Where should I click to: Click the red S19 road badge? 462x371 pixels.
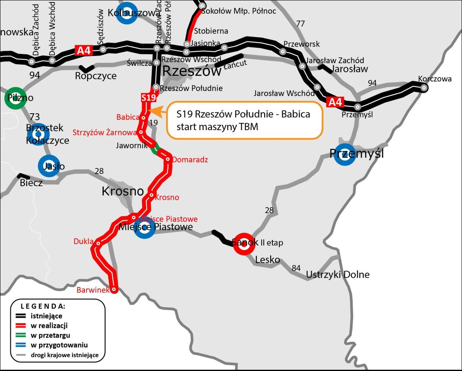point(148,98)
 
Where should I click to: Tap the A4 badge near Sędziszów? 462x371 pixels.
point(83,50)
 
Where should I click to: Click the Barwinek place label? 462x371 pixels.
point(93,290)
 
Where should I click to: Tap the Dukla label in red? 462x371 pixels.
point(84,241)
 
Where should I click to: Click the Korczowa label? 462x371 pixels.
point(434,79)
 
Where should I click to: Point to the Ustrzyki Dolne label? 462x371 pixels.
point(338,274)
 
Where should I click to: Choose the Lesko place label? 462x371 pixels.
point(267,260)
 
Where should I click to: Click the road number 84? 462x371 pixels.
point(296,268)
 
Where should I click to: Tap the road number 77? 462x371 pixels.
point(300,23)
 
